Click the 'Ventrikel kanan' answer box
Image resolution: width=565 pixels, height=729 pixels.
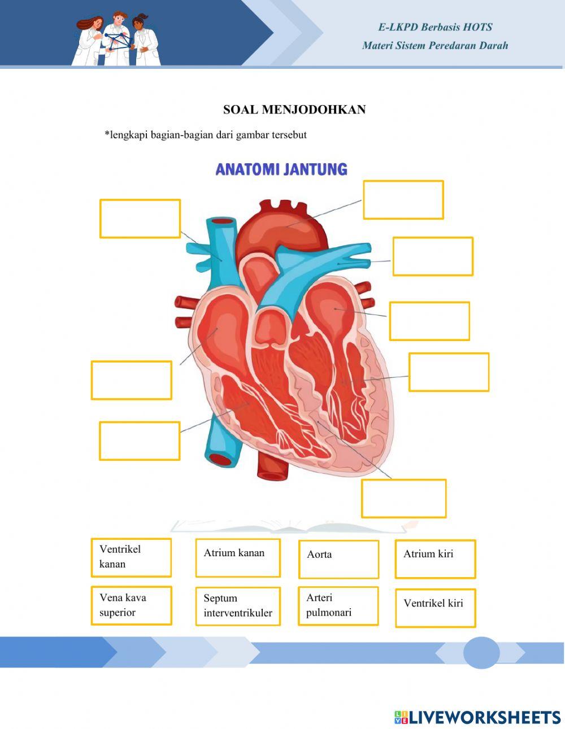(131, 557)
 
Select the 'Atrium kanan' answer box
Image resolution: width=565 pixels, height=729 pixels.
(238, 558)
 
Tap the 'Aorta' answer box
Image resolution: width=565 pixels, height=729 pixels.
(338, 559)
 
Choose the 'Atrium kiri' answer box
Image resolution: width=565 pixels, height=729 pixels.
(435, 558)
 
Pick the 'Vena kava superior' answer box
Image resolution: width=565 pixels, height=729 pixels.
(131, 605)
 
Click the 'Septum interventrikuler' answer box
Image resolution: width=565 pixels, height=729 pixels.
(238, 606)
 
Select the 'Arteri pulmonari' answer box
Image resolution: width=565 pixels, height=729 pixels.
(338, 605)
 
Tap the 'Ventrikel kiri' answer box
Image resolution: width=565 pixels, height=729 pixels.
(435, 608)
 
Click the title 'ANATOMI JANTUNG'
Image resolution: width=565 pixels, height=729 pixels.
(281, 169)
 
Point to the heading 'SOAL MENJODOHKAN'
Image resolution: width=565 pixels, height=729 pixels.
(294, 110)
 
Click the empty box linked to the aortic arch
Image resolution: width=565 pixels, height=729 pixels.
(403, 200)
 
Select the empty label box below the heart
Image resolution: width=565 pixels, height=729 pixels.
(403, 499)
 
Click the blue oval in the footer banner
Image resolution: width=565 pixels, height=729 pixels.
(481, 653)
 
